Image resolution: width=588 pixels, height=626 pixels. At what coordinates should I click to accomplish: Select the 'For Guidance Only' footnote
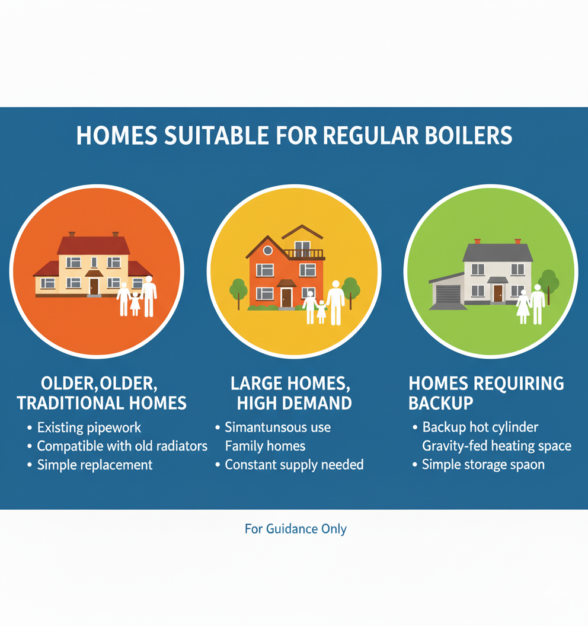click(295, 529)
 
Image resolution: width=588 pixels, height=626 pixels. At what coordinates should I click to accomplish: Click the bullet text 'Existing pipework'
click(89, 427)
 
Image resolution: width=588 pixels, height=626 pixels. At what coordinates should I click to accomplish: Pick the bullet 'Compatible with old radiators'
click(122, 446)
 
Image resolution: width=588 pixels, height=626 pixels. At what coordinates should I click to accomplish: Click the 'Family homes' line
click(265, 446)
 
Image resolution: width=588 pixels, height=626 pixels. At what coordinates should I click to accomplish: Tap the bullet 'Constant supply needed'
click(294, 465)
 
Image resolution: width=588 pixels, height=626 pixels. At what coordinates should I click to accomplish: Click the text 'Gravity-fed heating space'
click(496, 446)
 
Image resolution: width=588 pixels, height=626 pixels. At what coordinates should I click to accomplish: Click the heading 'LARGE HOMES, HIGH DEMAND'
click(294, 393)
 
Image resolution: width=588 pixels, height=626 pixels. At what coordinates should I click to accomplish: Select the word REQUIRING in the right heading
click(526, 384)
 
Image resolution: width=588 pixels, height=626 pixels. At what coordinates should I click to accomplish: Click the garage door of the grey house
click(448, 294)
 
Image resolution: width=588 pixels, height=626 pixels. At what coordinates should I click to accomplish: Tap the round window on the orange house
click(267, 250)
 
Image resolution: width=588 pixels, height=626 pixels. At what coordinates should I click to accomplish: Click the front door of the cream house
click(94, 287)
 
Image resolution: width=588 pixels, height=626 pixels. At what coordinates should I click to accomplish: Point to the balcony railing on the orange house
click(304, 254)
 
